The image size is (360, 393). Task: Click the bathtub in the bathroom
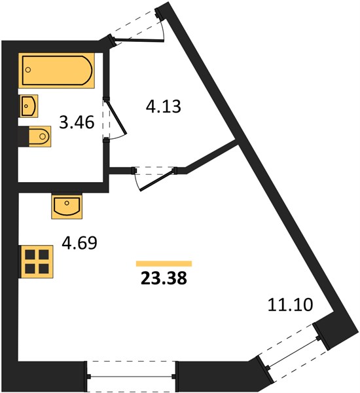click(56, 71)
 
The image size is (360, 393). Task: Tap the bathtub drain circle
click(28, 69)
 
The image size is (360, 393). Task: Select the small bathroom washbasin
click(29, 105)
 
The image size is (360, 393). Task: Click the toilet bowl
click(40, 136)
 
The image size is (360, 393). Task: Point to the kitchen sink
click(67, 206)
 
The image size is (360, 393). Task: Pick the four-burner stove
click(37, 261)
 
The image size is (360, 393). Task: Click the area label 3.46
click(77, 122)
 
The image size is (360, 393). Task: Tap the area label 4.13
click(164, 106)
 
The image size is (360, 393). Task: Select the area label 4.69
click(79, 243)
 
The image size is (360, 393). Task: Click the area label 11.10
click(291, 305)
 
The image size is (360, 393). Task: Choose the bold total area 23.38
click(164, 278)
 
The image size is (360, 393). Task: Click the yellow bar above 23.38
click(164, 263)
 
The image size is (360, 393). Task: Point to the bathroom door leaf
click(117, 117)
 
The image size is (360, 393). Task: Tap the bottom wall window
click(131, 376)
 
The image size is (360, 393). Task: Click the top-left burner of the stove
click(30, 255)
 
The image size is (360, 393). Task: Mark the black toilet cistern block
click(24, 137)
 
